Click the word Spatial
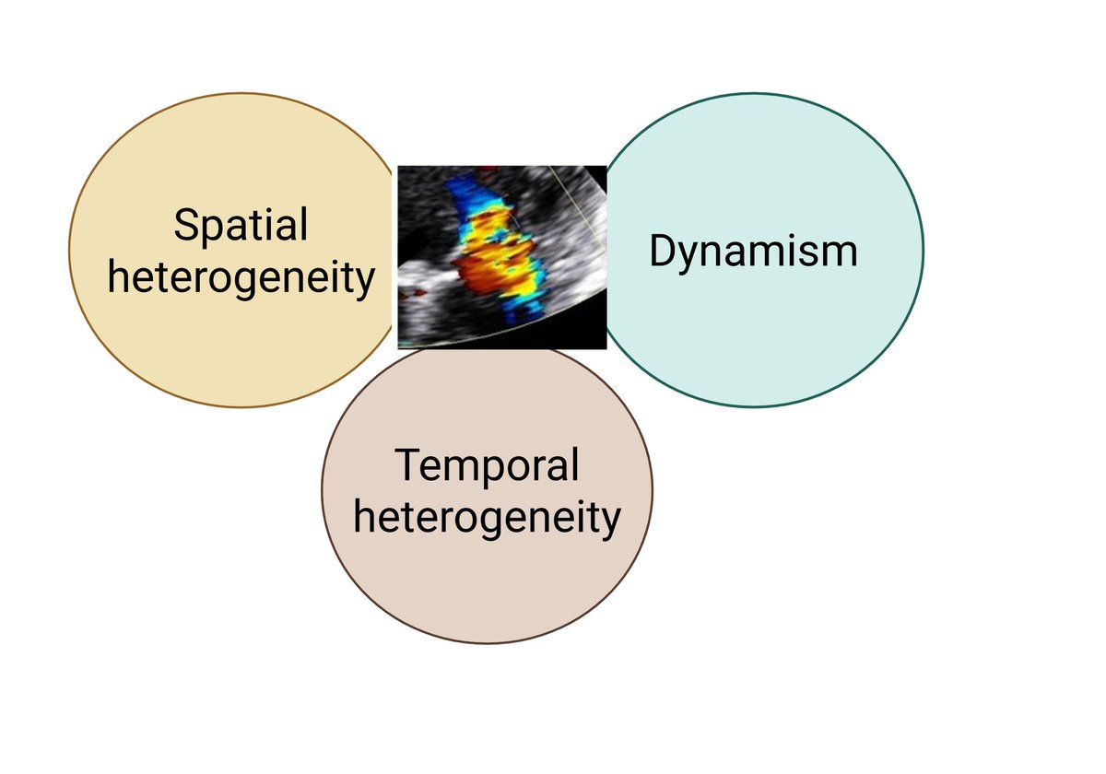241,226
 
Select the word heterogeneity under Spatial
241,276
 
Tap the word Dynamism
753,251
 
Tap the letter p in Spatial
213,230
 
